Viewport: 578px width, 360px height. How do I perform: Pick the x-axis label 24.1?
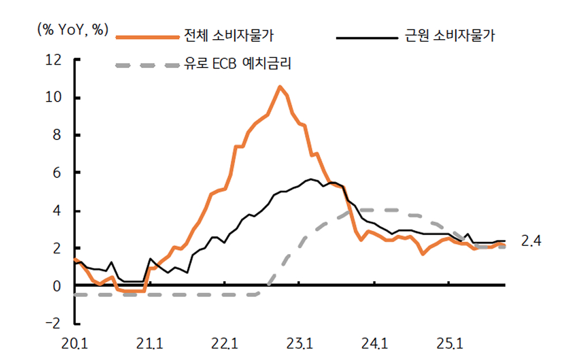click(x=374, y=344)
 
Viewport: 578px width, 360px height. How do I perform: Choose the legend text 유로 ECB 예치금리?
click(x=237, y=63)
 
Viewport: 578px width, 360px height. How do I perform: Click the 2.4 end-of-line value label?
click(x=531, y=242)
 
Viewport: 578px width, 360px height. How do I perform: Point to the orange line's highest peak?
click(x=279, y=87)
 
